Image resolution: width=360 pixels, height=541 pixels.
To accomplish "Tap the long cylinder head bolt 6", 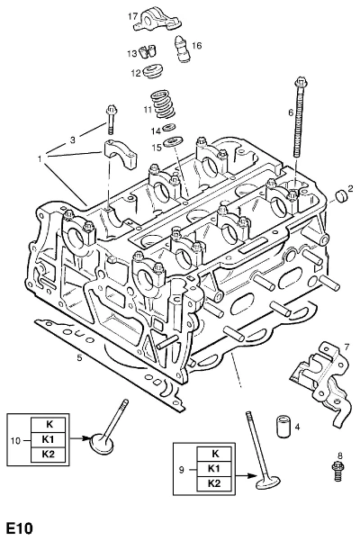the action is click(x=298, y=118).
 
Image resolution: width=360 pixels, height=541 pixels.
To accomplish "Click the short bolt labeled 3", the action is click(x=111, y=120).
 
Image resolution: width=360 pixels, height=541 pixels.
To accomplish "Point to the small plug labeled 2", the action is click(x=341, y=195).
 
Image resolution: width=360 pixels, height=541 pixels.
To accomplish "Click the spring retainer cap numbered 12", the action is click(x=152, y=71).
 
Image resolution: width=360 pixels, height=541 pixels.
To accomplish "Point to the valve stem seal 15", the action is click(x=170, y=142).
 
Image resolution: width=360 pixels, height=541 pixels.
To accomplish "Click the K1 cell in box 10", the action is click(x=48, y=439).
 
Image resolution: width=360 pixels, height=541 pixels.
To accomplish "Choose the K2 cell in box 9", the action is click(x=214, y=483).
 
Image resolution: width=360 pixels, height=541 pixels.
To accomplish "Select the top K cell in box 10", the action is click(x=48, y=425).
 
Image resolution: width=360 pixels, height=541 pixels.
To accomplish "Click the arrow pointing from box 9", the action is click(x=247, y=476).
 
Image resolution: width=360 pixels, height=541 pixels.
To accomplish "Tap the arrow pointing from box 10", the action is click(x=80, y=439).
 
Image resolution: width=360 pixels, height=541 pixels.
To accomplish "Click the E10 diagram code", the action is click(x=20, y=528).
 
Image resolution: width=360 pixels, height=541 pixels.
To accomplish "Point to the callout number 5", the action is click(x=80, y=357).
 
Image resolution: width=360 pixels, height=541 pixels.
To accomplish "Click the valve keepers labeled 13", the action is click(x=147, y=51).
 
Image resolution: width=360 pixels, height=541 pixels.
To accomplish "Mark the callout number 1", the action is click(x=40, y=159).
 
